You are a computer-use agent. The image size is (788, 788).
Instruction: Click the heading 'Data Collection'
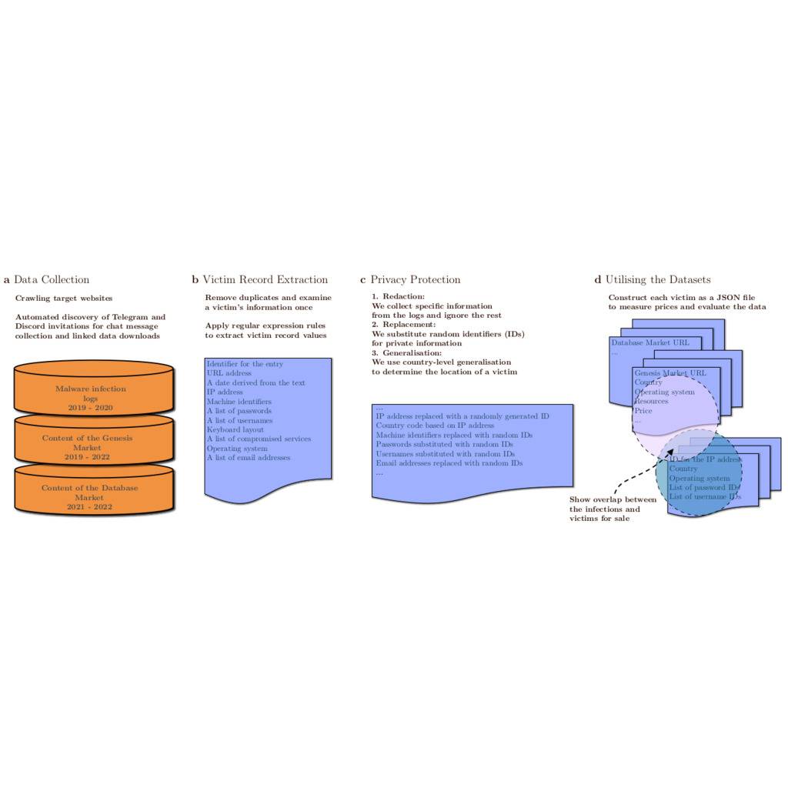[52, 280]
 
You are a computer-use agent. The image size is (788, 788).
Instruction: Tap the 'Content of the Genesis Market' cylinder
[87, 443]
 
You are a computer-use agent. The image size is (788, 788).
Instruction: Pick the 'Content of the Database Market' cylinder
[89, 493]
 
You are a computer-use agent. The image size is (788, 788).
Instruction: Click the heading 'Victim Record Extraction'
[265, 280]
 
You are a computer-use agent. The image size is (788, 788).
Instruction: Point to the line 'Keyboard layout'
[235, 429]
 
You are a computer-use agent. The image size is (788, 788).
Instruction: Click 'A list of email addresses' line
[249, 458]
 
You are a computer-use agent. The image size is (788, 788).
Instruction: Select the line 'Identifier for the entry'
[245, 364]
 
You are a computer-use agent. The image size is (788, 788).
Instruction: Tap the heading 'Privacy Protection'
[416, 280]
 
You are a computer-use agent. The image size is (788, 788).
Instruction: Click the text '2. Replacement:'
[403, 325]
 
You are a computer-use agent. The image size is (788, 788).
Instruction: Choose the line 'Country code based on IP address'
[435, 426]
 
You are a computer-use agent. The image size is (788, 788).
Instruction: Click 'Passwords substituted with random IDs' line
[444, 445]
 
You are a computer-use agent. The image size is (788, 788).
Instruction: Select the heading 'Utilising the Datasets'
[658, 280]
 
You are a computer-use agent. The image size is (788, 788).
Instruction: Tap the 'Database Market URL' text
[650, 342]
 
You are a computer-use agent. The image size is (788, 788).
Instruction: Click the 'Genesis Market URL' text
[670, 373]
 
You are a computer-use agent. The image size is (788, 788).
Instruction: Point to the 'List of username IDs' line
[705, 497]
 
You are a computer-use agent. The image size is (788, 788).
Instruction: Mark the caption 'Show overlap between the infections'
[613, 504]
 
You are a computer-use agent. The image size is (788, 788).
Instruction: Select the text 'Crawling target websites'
[64, 299]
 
